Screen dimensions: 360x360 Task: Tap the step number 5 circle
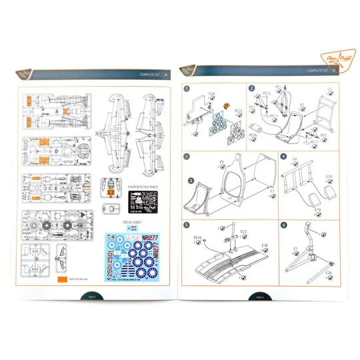click(x=188, y=225)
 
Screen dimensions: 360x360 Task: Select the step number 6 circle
click(x=284, y=225)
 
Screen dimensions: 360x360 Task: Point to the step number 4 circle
click(x=284, y=157)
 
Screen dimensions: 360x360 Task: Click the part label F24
click(x=211, y=93)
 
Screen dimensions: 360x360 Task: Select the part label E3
click(x=329, y=89)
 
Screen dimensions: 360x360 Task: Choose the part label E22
click(x=243, y=231)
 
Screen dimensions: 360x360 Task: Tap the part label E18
click(x=264, y=245)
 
